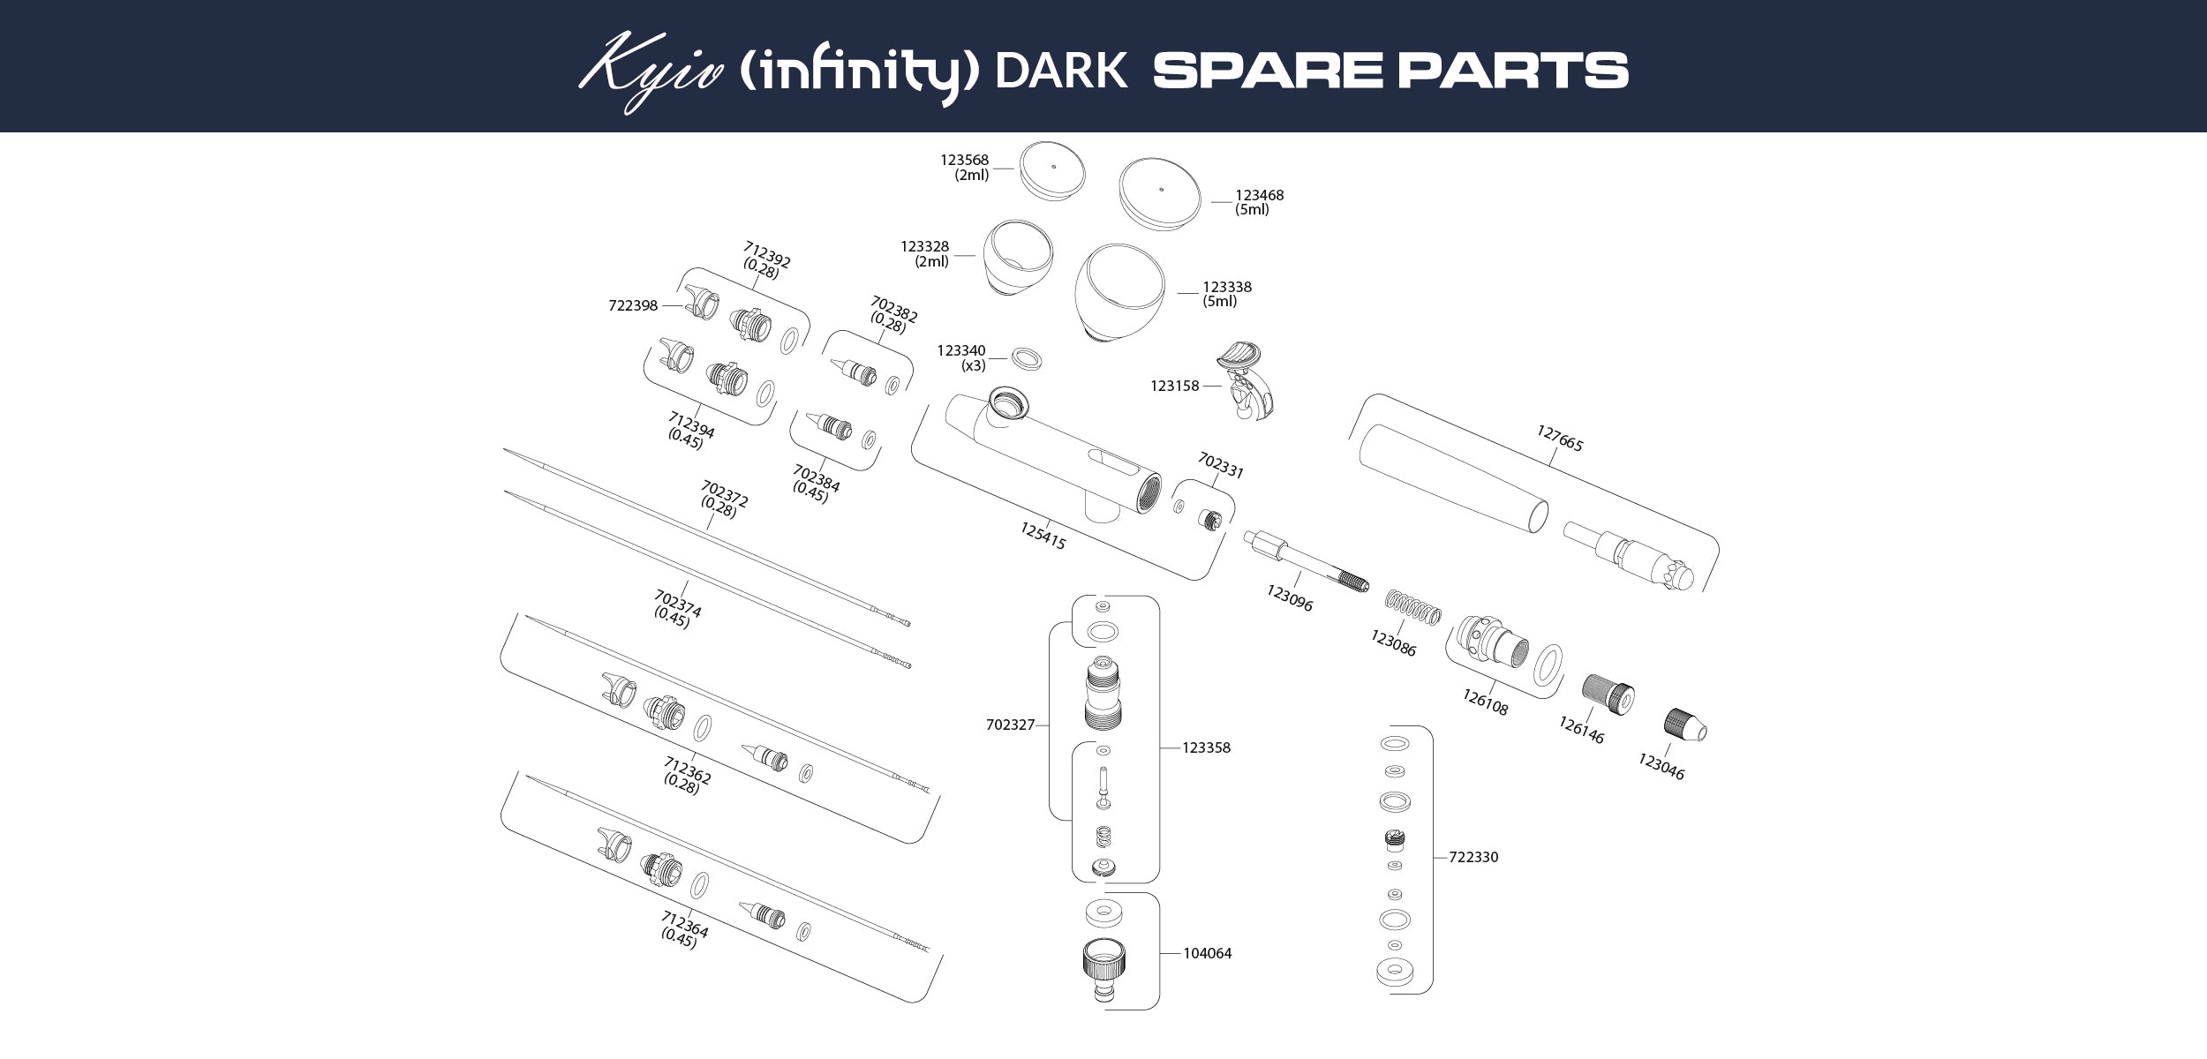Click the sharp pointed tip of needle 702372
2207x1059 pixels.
(x=504, y=448)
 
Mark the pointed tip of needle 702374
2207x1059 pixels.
(x=504, y=492)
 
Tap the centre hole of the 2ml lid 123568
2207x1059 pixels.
(x=1054, y=165)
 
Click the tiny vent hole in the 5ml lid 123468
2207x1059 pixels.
(x=1162, y=187)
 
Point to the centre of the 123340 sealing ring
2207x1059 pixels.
(x=1026, y=357)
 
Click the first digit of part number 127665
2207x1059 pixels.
(x=1540, y=432)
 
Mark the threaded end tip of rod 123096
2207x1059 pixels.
(x=1365, y=586)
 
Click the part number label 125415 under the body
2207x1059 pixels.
(x=1043, y=536)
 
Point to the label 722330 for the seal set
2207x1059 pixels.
(x=1473, y=857)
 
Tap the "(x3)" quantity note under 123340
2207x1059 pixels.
(x=973, y=365)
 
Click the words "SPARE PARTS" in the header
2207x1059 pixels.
(x=1390, y=71)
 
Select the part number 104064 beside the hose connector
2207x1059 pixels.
(x=1207, y=953)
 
